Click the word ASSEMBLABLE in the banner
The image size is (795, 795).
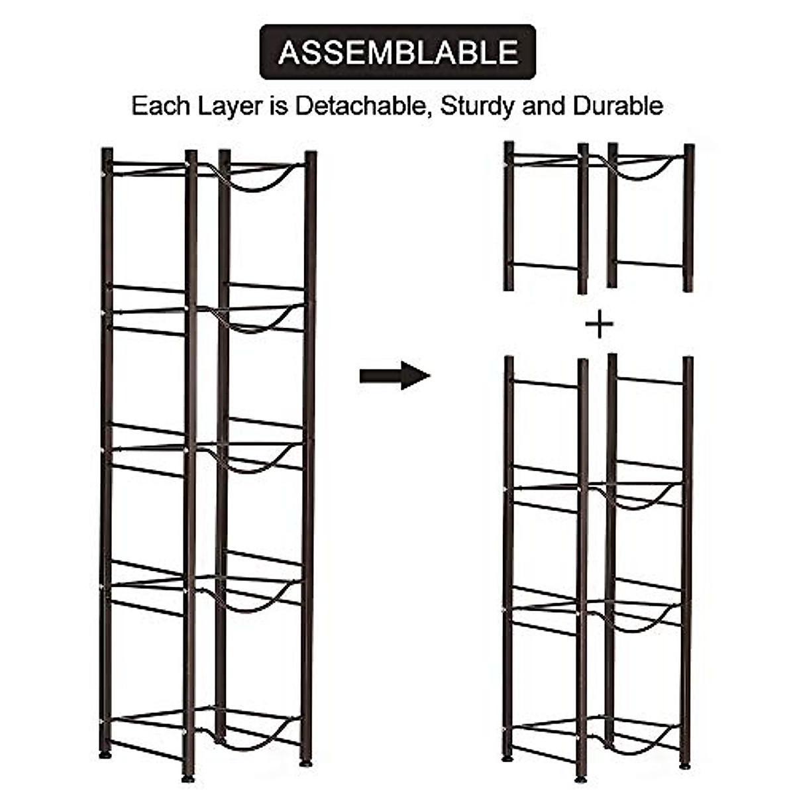coord(397,52)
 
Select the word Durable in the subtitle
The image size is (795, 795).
coord(618,106)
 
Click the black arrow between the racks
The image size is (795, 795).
coord(395,376)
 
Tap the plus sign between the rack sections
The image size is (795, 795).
coord(600,325)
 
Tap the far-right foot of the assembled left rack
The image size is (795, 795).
coord(306,763)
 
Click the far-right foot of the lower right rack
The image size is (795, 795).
coord(685,765)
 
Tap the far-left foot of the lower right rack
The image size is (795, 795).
coord(507,757)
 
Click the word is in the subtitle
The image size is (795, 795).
coord(280,106)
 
